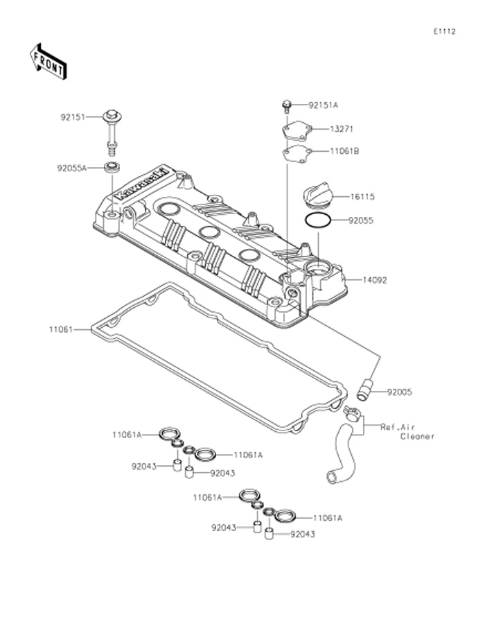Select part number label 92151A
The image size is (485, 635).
click(x=324, y=105)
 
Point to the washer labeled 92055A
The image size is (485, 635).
click(x=111, y=167)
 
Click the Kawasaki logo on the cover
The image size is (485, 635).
click(x=142, y=182)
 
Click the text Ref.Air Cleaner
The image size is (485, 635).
click(x=407, y=432)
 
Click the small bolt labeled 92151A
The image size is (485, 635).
click(x=285, y=105)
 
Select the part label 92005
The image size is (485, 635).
click(x=400, y=392)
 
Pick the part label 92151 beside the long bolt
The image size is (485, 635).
click(x=72, y=117)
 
